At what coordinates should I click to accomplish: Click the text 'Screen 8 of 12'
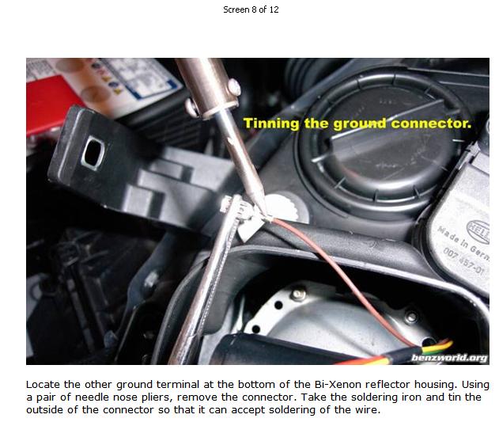(251, 10)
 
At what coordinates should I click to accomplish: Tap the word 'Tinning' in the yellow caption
(271, 124)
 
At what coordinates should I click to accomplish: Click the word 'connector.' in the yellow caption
(431, 123)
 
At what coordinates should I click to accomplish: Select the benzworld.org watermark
(449, 358)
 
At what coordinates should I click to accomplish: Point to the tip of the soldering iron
(264, 214)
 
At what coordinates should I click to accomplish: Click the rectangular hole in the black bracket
(93, 152)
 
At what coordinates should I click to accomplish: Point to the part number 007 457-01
(463, 260)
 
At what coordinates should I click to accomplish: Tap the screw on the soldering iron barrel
(234, 86)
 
